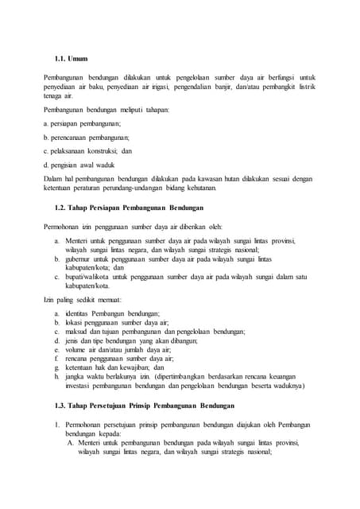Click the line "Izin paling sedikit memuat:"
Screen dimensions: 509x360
[82, 299]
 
